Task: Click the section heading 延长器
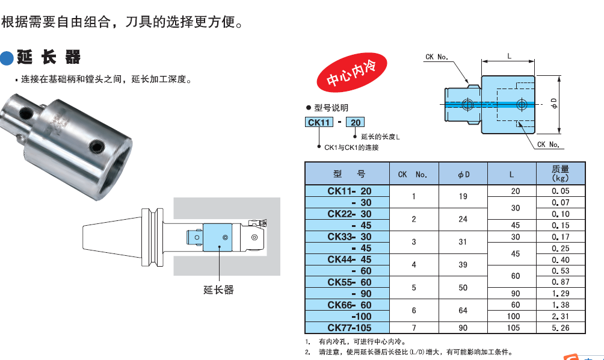click(48, 58)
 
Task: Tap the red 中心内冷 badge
click(350, 72)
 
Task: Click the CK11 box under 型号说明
click(319, 122)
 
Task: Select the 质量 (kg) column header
click(560, 173)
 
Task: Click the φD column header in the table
click(463, 174)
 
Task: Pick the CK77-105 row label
click(349, 328)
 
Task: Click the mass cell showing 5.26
click(560, 328)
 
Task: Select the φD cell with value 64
click(463, 311)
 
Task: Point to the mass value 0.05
click(560, 191)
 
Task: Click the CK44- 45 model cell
click(349, 259)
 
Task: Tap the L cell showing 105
click(511, 328)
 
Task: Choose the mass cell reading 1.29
click(560, 294)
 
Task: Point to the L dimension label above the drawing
click(509, 56)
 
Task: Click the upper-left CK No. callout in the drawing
click(437, 57)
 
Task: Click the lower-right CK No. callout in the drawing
click(548, 144)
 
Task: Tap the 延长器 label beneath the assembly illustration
click(218, 290)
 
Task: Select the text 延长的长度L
click(380, 137)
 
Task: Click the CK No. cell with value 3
click(413, 242)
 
